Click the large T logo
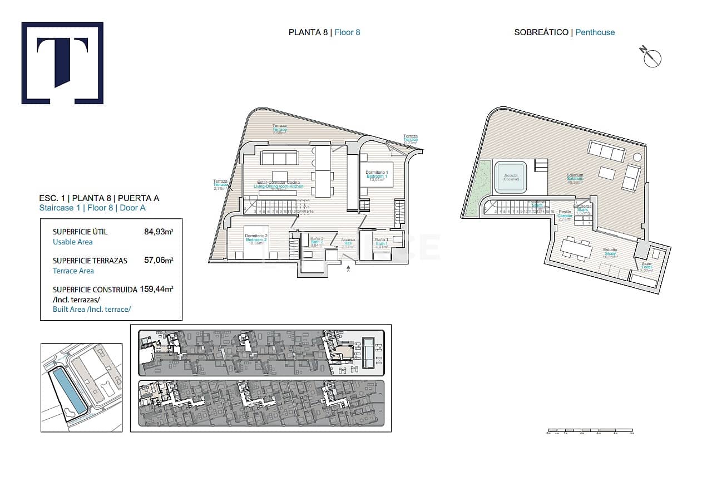[62, 63]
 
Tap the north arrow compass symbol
[651, 57]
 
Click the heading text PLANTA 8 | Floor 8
[324, 32]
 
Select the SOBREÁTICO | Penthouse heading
[565, 32]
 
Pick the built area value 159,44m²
[157, 290]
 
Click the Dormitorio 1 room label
[376, 174]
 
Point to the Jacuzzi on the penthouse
[511, 177]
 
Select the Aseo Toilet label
[646, 266]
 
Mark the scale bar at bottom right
[590, 430]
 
